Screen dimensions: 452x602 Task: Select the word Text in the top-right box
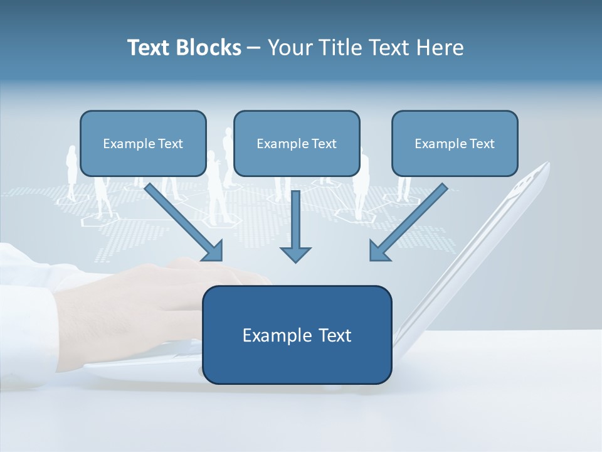(x=482, y=144)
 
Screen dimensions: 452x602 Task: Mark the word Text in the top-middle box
(x=324, y=144)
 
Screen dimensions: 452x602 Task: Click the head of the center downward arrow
(x=295, y=254)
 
